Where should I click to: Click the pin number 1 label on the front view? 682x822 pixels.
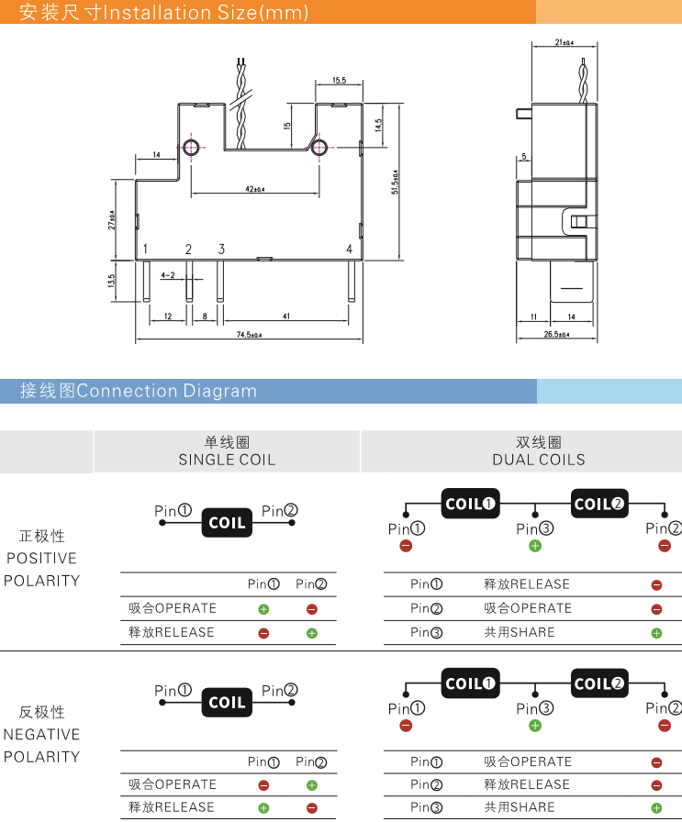[x=145, y=250]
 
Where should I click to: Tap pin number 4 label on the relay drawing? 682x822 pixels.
[x=349, y=250]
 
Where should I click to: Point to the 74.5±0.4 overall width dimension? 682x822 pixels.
[x=249, y=336]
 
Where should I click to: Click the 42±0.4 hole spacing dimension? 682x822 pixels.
[x=254, y=190]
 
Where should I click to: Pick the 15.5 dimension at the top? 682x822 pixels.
[x=339, y=82]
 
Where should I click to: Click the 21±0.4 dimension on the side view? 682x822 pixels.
[x=565, y=42]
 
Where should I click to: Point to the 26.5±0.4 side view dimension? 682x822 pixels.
[x=557, y=335]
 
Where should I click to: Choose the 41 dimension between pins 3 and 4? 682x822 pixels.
[x=286, y=317]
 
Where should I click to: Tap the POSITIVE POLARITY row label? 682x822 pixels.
[x=42, y=558]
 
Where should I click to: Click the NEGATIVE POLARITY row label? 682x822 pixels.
[x=42, y=734]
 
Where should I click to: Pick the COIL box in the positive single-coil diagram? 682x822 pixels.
[x=227, y=523]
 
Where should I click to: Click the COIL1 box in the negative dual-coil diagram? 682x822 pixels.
[x=470, y=683]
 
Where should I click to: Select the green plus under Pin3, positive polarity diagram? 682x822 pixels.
[x=535, y=546]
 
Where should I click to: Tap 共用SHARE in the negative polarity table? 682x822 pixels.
[x=520, y=807]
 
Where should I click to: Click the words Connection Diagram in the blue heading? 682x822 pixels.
[x=166, y=391]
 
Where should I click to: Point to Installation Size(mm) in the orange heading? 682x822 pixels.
[x=204, y=13]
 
